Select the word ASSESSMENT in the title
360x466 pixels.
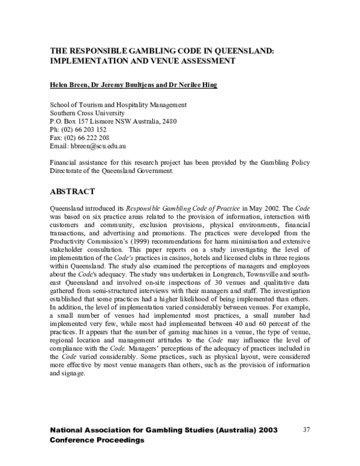pos(201,61)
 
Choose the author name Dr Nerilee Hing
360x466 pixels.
pos(191,85)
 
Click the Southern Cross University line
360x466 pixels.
pos(87,112)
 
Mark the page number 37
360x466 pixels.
pos(307,429)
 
